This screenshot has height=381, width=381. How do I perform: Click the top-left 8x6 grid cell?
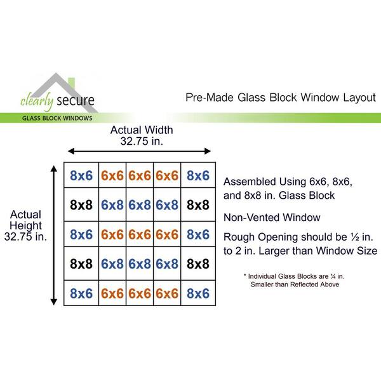coord(81,175)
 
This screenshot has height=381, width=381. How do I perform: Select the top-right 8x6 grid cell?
coord(198,175)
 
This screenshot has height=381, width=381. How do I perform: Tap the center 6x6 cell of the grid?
coord(140,234)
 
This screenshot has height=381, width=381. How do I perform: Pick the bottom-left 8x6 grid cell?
coord(81,293)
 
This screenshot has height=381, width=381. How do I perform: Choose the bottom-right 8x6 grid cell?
coord(198,293)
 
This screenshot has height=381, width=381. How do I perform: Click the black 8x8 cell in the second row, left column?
coord(81,204)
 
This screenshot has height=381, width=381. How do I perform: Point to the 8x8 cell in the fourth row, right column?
coord(198,264)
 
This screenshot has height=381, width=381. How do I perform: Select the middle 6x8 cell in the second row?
coord(140,204)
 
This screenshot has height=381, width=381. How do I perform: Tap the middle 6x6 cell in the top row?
coord(140,175)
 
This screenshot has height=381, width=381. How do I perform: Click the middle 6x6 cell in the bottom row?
coord(140,293)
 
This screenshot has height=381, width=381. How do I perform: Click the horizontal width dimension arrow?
coord(139,151)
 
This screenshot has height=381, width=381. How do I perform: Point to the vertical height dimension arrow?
coord(54,236)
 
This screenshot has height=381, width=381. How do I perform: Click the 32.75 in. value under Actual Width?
coord(142,141)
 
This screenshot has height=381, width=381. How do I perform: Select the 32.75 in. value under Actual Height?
coord(25,236)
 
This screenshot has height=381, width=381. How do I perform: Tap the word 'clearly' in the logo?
coord(37,101)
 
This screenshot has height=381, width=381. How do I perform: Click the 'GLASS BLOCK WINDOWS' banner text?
coord(57,118)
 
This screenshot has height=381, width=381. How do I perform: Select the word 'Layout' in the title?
coord(359,98)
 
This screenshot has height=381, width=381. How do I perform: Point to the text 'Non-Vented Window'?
coord(272,217)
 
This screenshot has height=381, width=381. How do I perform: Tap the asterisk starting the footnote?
coord(245,275)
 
